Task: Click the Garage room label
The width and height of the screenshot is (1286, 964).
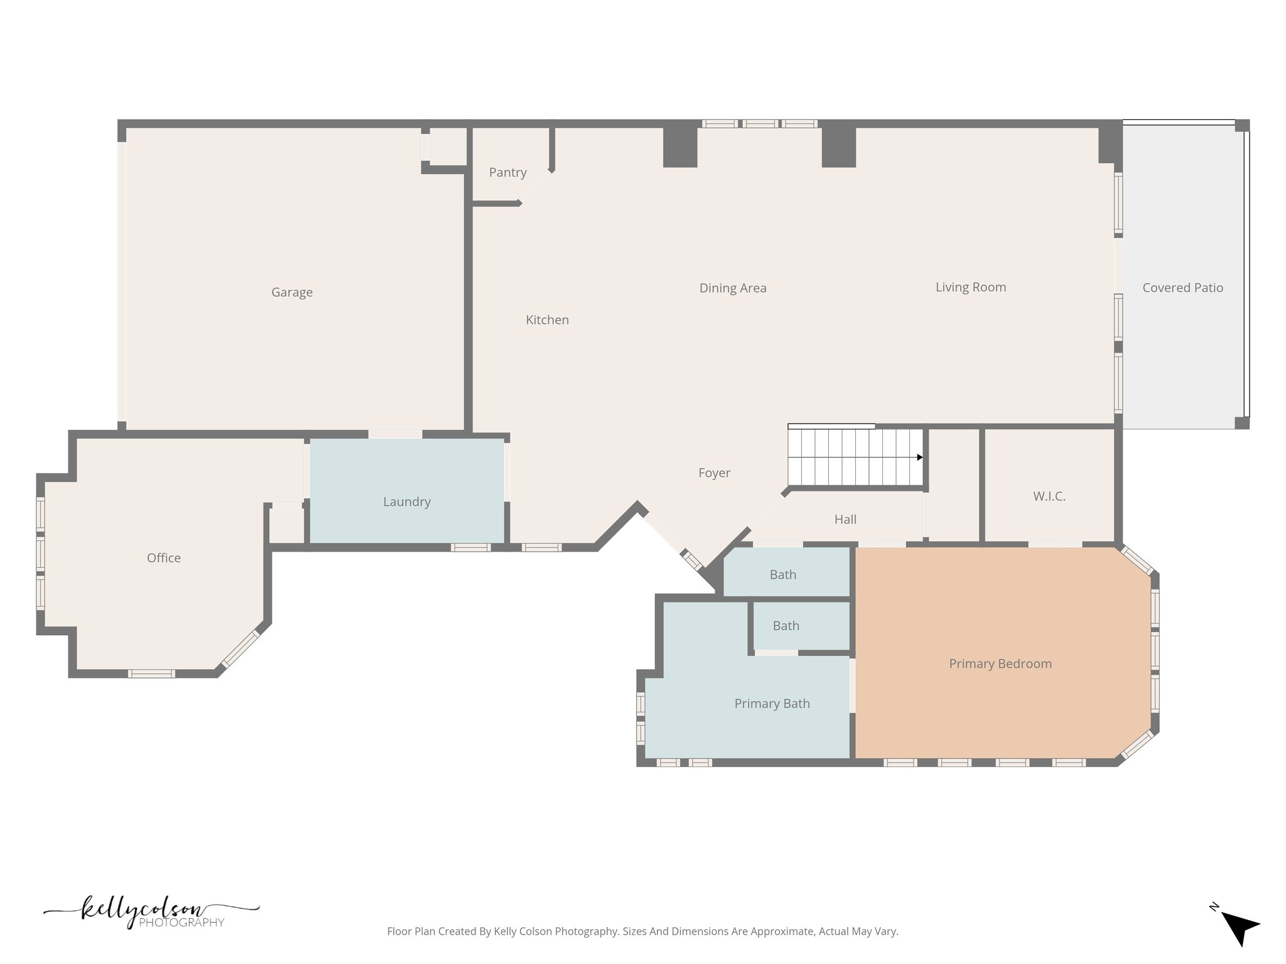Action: tap(292, 292)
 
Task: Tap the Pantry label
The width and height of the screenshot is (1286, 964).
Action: tap(507, 173)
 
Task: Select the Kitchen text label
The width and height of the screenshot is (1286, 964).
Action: tap(547, 320)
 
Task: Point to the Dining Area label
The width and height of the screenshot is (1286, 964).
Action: tap(733, 288)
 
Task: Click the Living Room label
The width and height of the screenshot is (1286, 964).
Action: tap(971, 287)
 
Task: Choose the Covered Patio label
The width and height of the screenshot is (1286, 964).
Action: tap(1182, 288)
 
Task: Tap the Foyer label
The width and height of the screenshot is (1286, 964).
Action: tap(714, 473)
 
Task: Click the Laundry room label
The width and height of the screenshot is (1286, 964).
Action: tap(407, 502)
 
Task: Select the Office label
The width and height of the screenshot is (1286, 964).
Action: tap(164, 558)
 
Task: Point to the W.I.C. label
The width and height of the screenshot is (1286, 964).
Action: tap(1049, 496)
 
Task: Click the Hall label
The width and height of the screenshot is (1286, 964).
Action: tap(845, 520)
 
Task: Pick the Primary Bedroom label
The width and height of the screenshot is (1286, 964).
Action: tap(1000, 664)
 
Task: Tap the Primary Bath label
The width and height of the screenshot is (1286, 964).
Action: tap(772, 704)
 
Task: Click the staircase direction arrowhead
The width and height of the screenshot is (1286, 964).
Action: tap(920, 458)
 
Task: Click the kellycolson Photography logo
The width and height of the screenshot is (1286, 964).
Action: tap(151, 912)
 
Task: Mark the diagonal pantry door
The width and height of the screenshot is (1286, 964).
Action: tap(535, 187)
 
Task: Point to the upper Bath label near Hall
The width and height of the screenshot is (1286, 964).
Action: tap(782, 575)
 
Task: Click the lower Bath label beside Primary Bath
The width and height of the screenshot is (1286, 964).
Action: tap(786, 626)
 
